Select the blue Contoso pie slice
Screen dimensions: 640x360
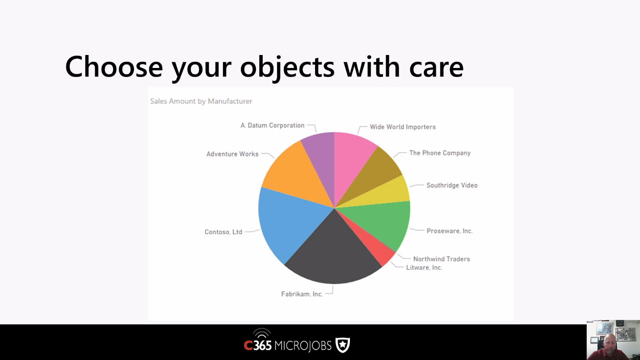(289, 223)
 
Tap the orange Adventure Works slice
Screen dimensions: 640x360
(297, 177)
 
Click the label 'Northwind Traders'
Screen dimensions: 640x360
(442, 259)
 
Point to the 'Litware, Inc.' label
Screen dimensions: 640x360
(424, 267)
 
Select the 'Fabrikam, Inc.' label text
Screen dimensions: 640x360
(302, 294)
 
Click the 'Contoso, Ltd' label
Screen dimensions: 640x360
(223, 232)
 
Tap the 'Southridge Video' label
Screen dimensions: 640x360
(452, 185)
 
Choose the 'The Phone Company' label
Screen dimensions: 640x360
(440, 153)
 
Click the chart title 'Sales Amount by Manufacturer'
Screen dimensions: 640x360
(201, 101)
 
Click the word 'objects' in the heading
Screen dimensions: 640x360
(287, 68)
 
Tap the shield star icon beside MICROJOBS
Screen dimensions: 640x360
(343, 345)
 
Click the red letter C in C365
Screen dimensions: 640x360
(248, 346)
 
